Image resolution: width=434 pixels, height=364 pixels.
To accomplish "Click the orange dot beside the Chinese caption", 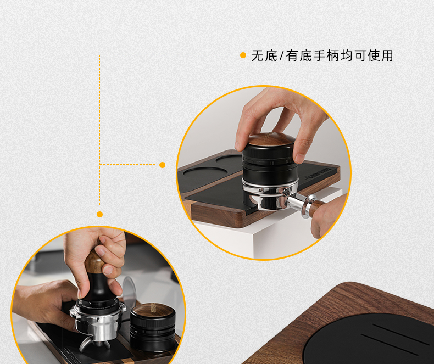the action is point(243,55).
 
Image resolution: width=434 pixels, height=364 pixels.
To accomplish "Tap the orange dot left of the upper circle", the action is point(162,165).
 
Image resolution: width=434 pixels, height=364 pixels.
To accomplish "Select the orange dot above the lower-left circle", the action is point(99,214).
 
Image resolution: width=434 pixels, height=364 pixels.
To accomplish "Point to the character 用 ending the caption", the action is point(387,55).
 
